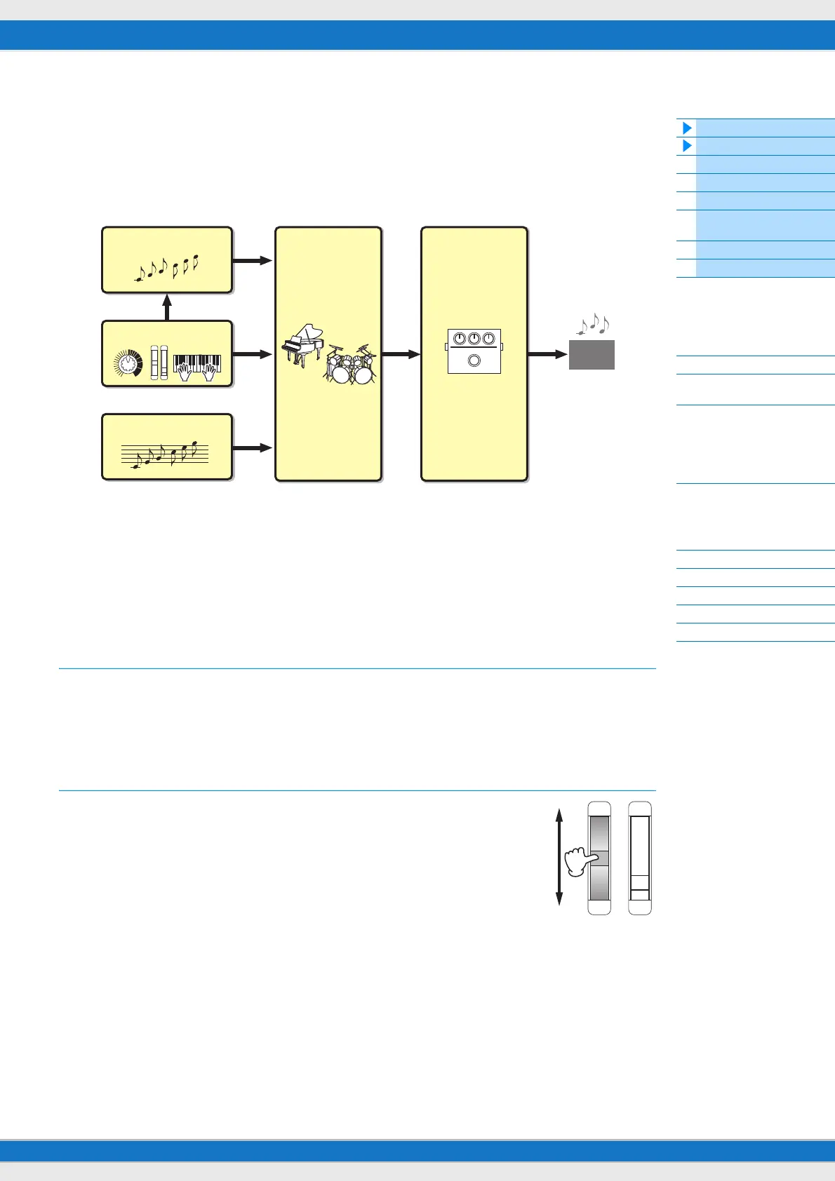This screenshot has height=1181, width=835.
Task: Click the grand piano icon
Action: coord(302,344)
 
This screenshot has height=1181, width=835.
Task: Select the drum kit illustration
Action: coord(350,364)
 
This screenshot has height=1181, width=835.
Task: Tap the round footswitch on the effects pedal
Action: coord(474,361)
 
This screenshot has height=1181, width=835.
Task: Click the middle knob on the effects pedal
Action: coord(474,339)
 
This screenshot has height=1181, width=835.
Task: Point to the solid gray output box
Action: coord(592,355)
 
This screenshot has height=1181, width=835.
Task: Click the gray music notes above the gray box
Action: coord(594,323)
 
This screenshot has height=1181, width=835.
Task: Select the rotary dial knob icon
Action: coord(127,363)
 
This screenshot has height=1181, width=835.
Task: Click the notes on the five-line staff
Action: coord(165,454)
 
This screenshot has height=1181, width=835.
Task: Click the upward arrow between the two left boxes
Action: coord(167,307)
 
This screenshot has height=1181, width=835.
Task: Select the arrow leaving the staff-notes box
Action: coord(252,447)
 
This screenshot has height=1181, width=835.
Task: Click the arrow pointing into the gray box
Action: coord(547,355)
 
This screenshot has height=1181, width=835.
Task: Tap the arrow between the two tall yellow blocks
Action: coord(401,355)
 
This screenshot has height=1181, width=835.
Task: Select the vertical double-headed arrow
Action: coord(559,857)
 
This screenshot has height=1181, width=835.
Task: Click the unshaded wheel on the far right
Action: coord(640,858)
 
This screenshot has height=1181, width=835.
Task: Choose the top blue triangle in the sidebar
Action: coord(687,128)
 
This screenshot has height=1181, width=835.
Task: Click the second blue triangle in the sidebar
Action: coord(687,146)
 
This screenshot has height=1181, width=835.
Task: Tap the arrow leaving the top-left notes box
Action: coord(252,260)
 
